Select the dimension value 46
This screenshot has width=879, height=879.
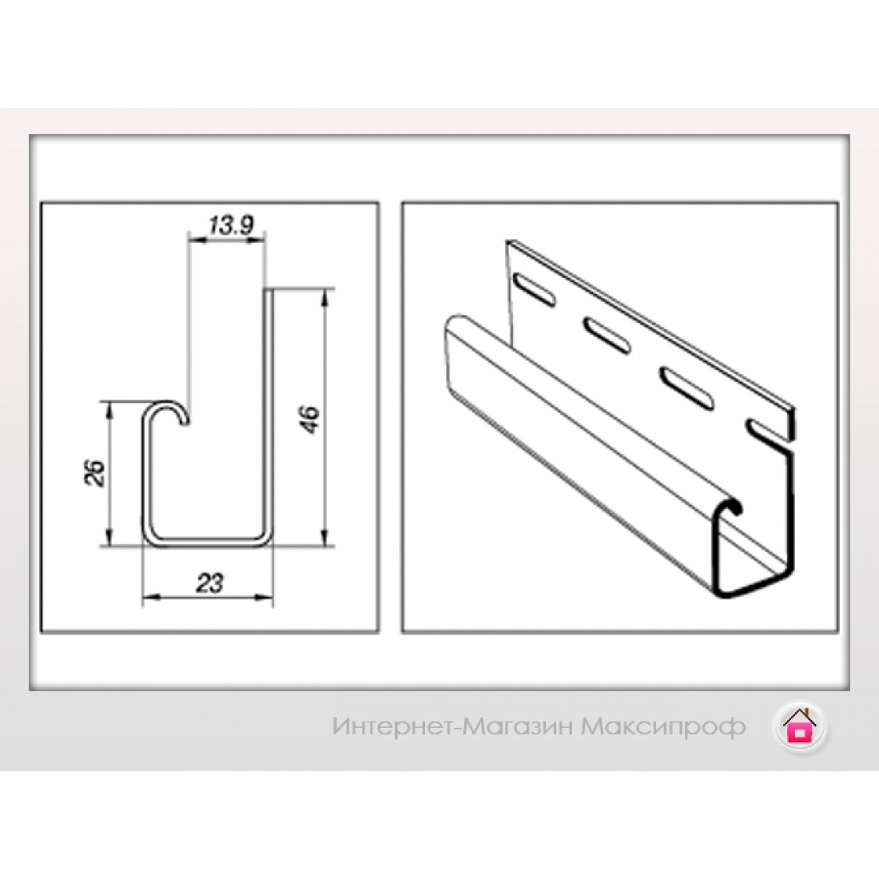click(310, 419)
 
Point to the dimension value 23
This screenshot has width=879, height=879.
click(209, 583)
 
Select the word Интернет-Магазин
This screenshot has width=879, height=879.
click(452, 727)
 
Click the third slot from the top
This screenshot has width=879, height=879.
click(686, 385)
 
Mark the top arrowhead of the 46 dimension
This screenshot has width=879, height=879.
click(324, 297)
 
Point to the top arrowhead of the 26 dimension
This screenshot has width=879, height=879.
click(110, 410)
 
